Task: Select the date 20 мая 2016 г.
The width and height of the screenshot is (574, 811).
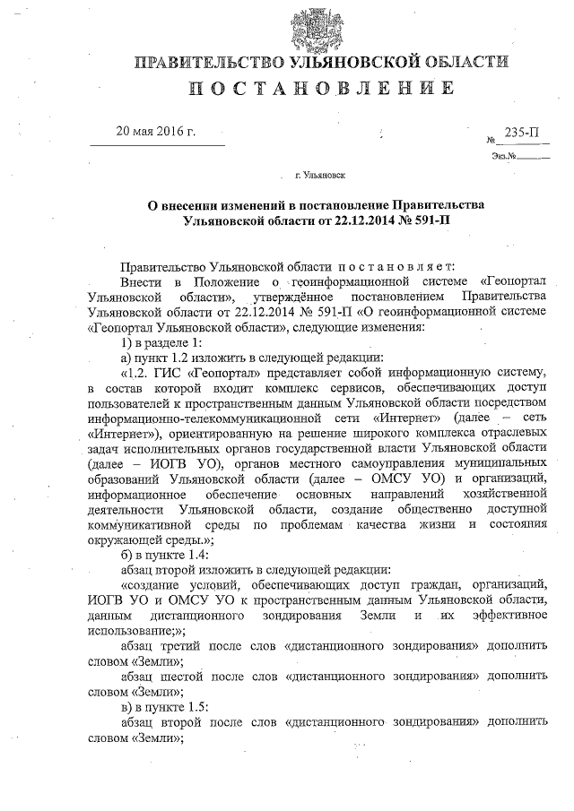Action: click(x=156, y=133)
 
